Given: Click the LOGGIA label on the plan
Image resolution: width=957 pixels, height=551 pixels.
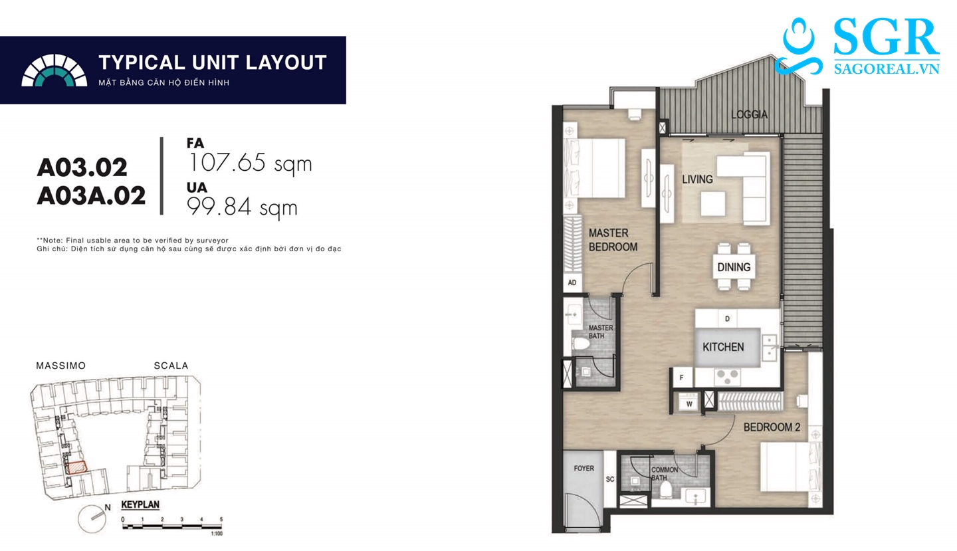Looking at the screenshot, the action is (x=750, y=114).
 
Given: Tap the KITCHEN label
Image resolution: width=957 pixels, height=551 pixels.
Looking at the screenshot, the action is (x=723, y=347).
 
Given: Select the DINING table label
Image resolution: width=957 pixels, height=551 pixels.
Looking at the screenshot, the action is (x=734, y=267).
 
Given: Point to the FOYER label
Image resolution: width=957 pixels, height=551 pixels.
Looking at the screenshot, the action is (x=584, y=468).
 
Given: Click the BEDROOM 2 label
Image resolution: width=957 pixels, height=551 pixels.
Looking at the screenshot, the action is (x=772, y=427).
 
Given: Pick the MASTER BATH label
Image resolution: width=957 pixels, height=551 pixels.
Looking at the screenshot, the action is (x=600, y=332).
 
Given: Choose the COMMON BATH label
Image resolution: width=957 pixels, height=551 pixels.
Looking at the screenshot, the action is (x=665, y=474).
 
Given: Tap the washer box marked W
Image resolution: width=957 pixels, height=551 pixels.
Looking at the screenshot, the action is (x=689, y=403).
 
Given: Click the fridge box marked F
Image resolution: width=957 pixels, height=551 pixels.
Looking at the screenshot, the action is (x=682, y=378).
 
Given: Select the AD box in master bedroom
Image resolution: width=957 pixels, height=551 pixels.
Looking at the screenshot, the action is (x=572, y=282).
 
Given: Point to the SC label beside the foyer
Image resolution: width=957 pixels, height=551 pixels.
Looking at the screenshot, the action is (x=610, y=479).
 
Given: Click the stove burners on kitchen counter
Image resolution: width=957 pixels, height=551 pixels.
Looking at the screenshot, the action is (x=728, y=376).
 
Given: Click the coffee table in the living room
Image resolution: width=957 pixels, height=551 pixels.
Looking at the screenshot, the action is (x=712, y=204).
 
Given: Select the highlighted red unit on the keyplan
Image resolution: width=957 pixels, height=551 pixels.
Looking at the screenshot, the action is (x=77, y=467).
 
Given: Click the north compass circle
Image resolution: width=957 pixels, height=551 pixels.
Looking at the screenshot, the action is (x=92, y=518).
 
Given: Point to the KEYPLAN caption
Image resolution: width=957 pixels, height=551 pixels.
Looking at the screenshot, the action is (x=140, y=504).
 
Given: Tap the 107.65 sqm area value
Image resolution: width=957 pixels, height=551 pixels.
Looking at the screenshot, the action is (x=250, y=163).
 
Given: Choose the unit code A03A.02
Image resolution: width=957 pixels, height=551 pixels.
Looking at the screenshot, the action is (x=92, y=196).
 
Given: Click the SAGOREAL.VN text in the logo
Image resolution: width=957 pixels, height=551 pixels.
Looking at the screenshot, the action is (x=887, y=68).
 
